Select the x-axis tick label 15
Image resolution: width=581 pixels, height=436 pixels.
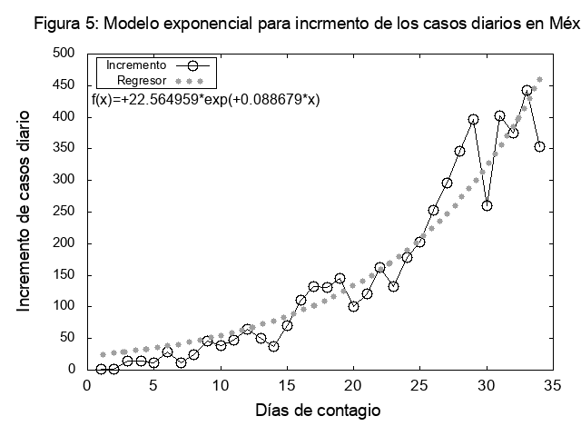[287, 386]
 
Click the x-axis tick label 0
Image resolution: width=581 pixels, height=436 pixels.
[88, 386]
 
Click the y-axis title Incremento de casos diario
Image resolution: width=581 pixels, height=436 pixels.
[25, 212]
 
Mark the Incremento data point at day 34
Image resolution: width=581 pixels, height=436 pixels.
[539, 146]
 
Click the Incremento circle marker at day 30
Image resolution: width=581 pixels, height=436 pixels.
[487, 205]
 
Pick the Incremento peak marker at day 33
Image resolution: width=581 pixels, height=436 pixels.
[527, 91]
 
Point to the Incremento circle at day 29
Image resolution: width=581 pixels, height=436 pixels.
[473, 119]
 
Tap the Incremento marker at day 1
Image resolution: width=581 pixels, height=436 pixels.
[102, 369]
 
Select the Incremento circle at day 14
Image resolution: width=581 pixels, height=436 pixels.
[273, 346]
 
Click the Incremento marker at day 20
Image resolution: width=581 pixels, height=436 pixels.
[353, 306]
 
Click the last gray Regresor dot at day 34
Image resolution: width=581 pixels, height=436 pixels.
[539, 79]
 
